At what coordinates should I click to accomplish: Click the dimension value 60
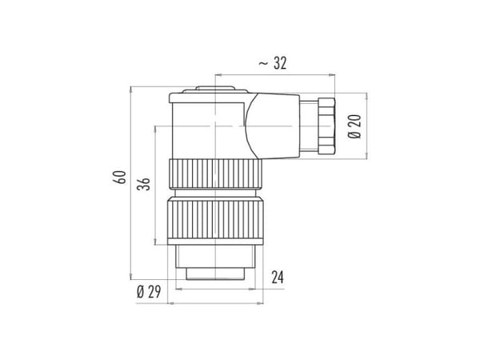coord(120,178)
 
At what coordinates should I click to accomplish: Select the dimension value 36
coord(143,184)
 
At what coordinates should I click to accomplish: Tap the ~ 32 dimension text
coord(273,63)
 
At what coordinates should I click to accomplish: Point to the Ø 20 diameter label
coord(354,126)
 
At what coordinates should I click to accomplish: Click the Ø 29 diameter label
coord(149,292)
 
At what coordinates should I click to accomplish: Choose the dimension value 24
coord(278,278)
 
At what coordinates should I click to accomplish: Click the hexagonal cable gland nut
coord(326,126)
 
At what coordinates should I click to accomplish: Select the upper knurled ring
coord(215,174)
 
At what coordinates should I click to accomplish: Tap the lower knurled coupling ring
coord(215,218)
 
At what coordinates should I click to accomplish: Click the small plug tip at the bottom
coord(215,274)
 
